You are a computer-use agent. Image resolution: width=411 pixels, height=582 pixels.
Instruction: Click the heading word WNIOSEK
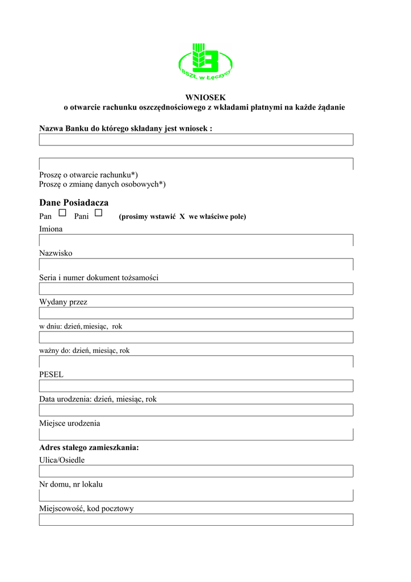click(205, 98)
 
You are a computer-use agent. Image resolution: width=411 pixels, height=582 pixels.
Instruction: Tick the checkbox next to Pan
click(62, 213)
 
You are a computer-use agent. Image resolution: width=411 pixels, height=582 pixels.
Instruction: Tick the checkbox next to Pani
click(98, 213)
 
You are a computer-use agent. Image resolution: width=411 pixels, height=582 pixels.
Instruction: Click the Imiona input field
click(196, 240)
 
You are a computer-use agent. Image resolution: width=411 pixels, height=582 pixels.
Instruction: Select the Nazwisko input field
click(196, 264)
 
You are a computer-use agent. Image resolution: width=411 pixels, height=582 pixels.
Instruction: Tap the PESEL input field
click(196, 386)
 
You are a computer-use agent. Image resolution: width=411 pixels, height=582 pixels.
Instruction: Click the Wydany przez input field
click(196, 313)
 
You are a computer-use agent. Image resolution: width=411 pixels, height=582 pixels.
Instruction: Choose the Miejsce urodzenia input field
click(196, 435)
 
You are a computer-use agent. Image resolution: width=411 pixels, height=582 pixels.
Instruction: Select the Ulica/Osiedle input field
click(196, 471)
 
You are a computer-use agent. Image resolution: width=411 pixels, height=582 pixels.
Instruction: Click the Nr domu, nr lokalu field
click(196, 496)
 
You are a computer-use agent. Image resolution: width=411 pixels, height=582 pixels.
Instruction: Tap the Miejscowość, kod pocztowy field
click(196, 520)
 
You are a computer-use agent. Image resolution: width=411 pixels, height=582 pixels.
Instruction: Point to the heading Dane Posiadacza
click(74, 203)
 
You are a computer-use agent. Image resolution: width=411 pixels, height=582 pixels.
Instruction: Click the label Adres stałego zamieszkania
click(89, 448)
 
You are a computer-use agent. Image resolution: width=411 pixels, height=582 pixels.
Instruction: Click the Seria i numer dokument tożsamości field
click(196, 289)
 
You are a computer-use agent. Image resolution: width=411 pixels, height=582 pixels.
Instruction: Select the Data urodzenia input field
click(196, 410)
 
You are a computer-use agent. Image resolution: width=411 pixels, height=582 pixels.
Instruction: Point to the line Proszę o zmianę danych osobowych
click(102, 184)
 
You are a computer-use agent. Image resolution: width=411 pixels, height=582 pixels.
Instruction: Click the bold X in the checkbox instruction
click(183, 217)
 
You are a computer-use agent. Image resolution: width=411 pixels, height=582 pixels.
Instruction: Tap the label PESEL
click(51, 375)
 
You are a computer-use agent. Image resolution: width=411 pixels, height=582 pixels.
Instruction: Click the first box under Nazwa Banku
click(196, 140)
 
